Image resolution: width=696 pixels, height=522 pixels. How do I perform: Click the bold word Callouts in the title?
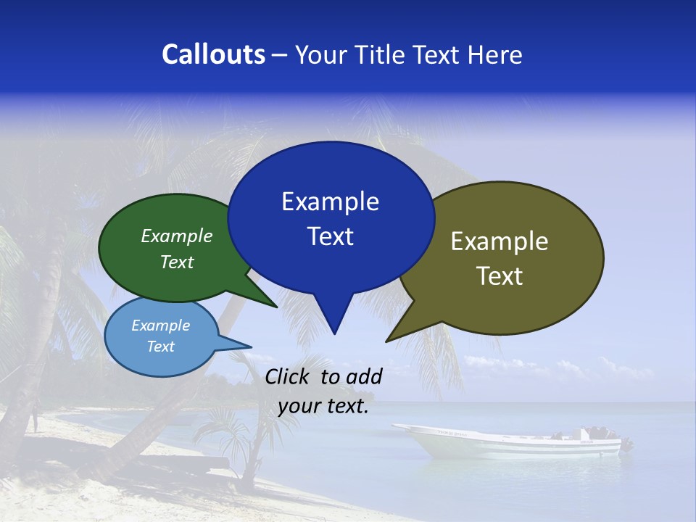click(x=213, y=54)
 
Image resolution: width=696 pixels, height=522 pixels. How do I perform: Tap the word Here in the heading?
click(x=494, y=54)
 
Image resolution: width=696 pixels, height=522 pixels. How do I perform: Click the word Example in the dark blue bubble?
click(x=330, y=202)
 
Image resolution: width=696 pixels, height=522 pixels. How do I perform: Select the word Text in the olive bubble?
click(x=500, y=276)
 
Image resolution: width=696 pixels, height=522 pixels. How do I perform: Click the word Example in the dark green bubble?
click(x=177, y=236)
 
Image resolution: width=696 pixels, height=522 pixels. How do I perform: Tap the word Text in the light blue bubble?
click(x=161, y=347)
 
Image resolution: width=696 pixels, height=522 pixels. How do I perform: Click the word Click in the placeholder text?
click(x=288, y=376)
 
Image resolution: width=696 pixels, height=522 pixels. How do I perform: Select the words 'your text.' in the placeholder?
click(x=323, y=407)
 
